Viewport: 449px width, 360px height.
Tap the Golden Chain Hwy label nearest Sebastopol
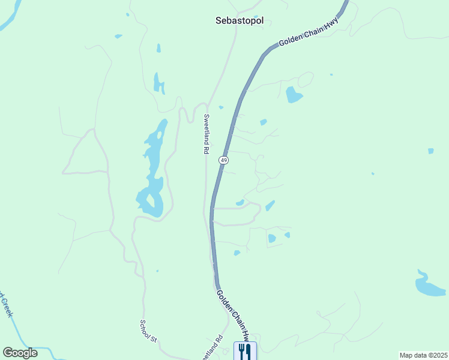[309, 33]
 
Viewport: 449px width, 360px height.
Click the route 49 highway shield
[223, 160]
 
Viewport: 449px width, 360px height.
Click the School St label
[148, 331]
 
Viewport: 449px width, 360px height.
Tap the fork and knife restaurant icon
[244, 351]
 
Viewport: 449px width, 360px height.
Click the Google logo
[20, 353]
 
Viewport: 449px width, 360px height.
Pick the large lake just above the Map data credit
[429, 285]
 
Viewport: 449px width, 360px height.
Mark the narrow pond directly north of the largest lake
[158, 83]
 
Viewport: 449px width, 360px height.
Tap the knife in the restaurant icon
[248, 351]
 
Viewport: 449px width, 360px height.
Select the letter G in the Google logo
[8, 353]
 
